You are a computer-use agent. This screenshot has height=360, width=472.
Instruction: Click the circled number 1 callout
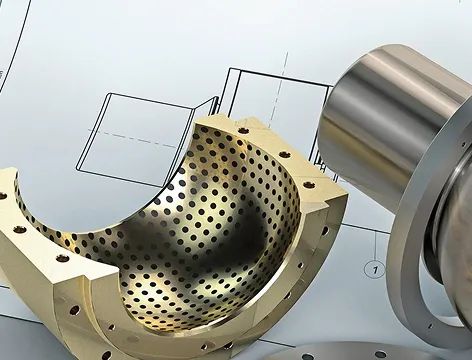point(376,269)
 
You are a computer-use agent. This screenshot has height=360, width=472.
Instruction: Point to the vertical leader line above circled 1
point(377,246)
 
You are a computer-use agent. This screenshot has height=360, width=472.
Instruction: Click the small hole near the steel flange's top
point(463,144)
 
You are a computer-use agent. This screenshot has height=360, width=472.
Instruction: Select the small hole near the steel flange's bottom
point(430,326)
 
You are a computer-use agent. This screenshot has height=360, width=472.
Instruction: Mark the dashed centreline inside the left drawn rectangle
point(133,138)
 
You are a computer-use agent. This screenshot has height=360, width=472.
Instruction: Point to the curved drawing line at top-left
point(16,47)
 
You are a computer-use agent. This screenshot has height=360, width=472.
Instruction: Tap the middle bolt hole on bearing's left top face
point(20,229)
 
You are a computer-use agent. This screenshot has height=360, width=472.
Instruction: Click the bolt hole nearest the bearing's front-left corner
point(62,258)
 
